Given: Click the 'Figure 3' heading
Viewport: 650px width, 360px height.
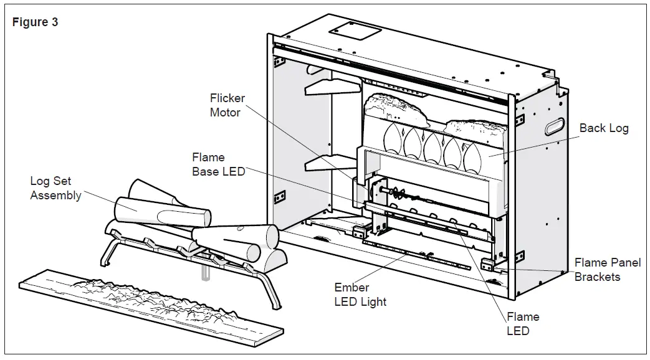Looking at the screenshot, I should [36, 22].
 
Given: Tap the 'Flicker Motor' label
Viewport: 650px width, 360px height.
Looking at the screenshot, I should [227, 105].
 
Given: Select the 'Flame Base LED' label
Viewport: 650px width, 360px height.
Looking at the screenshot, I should [217, 164].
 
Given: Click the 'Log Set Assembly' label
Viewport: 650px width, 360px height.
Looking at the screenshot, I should [55, 188].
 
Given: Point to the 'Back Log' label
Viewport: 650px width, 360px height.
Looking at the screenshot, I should [603, 128].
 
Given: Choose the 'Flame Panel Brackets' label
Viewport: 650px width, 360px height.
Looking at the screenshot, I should [607, 270].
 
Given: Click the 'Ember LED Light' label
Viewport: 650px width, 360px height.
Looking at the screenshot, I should [360, 295].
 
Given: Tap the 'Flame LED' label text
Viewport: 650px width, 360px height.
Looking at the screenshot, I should [522, 323].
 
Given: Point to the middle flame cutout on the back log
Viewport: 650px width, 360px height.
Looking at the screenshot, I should [433, 146].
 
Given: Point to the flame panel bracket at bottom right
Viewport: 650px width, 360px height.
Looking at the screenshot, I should [488, 263].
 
